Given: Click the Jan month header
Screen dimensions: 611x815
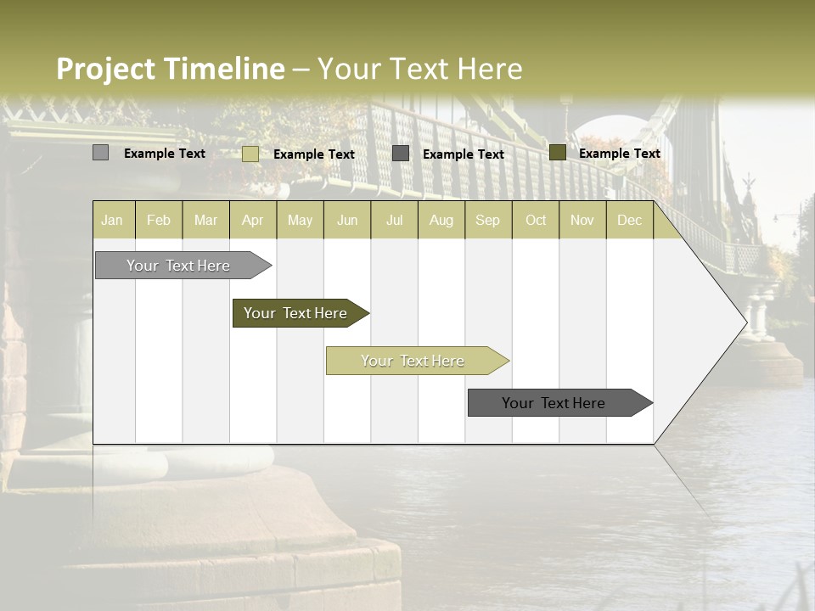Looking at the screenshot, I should coord(112,220).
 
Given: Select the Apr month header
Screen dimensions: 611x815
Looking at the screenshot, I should coord(252,220).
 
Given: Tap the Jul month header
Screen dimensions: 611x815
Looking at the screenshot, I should coord(394,220).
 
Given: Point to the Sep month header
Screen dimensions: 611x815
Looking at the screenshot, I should coord(487,220).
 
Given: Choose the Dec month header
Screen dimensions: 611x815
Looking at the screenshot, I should coord(629,220).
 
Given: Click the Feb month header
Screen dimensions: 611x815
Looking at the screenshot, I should coord(159,220).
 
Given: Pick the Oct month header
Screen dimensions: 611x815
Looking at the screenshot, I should coord(536,220).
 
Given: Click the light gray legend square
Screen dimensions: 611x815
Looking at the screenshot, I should coord(101,153).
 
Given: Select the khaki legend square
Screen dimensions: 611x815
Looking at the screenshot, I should coord(250,154).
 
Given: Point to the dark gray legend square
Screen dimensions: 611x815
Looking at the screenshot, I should coord(401,154).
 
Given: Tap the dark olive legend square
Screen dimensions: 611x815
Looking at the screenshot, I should coord(558,153).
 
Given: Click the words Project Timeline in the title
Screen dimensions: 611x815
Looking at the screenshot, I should coord(171,69).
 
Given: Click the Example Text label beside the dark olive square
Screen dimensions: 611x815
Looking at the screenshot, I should coord(619,154).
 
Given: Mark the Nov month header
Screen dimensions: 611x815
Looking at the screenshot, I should coord(582,220).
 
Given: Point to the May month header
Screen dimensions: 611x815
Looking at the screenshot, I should coord(300,220).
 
